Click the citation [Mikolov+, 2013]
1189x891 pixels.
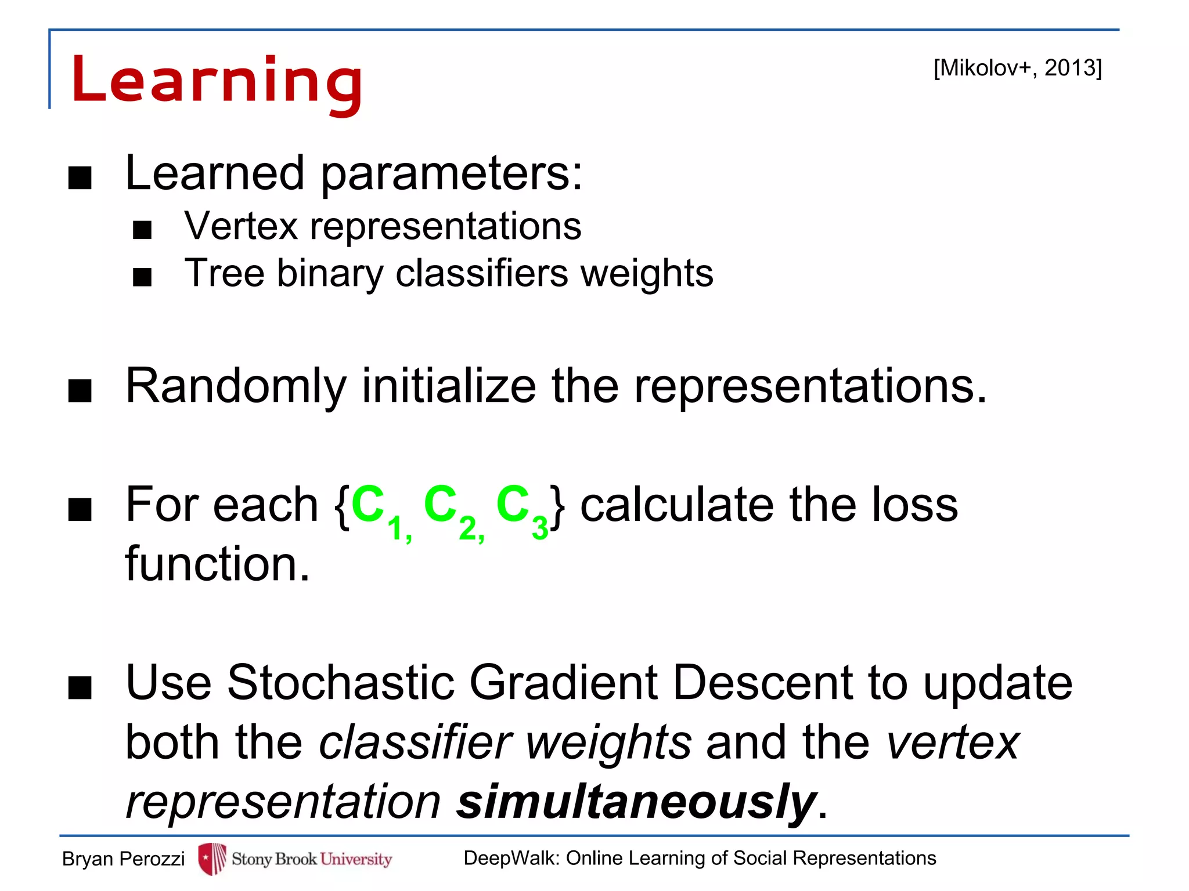(x=1017, y=68)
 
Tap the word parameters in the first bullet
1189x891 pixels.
(x=451, y=174)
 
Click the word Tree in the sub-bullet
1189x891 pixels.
(x=224, y=273)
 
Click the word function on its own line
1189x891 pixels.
(x=217, y=564)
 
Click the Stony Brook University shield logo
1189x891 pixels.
(x=212, y=859)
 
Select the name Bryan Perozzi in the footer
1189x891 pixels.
(x=123, y=859)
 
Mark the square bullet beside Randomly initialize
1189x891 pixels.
(x=80, y=390)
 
